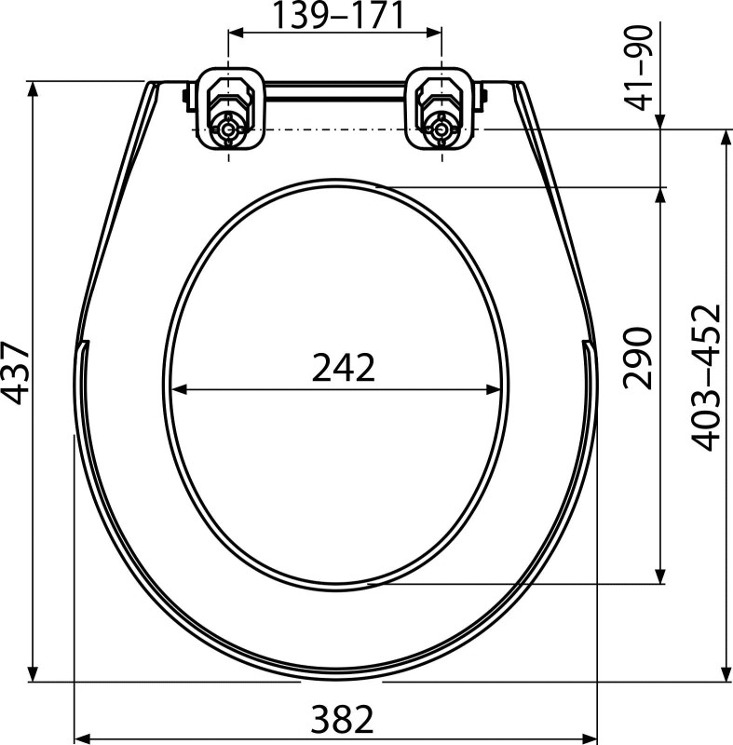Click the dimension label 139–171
point(339,15)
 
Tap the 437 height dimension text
point(16,373)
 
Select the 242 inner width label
point(344,367)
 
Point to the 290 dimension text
point(637,358)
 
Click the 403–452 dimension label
point(706,377)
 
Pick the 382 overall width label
point(343,719)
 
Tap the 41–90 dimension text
point(640,68)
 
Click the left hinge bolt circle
point(228,129)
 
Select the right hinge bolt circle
point(441,129)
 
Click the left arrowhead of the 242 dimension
point(178,389)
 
